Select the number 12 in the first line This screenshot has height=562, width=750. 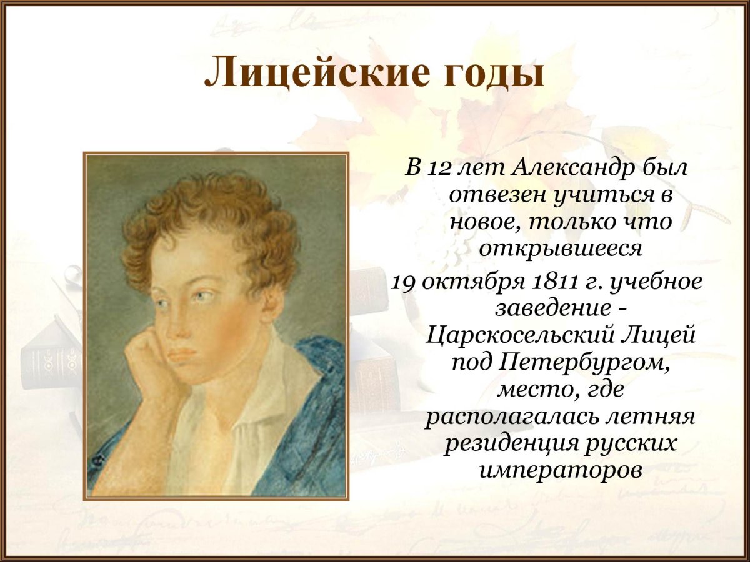coord(437,167)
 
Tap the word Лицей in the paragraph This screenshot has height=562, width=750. coord(667,336)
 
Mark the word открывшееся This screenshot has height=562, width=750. coord(561,249)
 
